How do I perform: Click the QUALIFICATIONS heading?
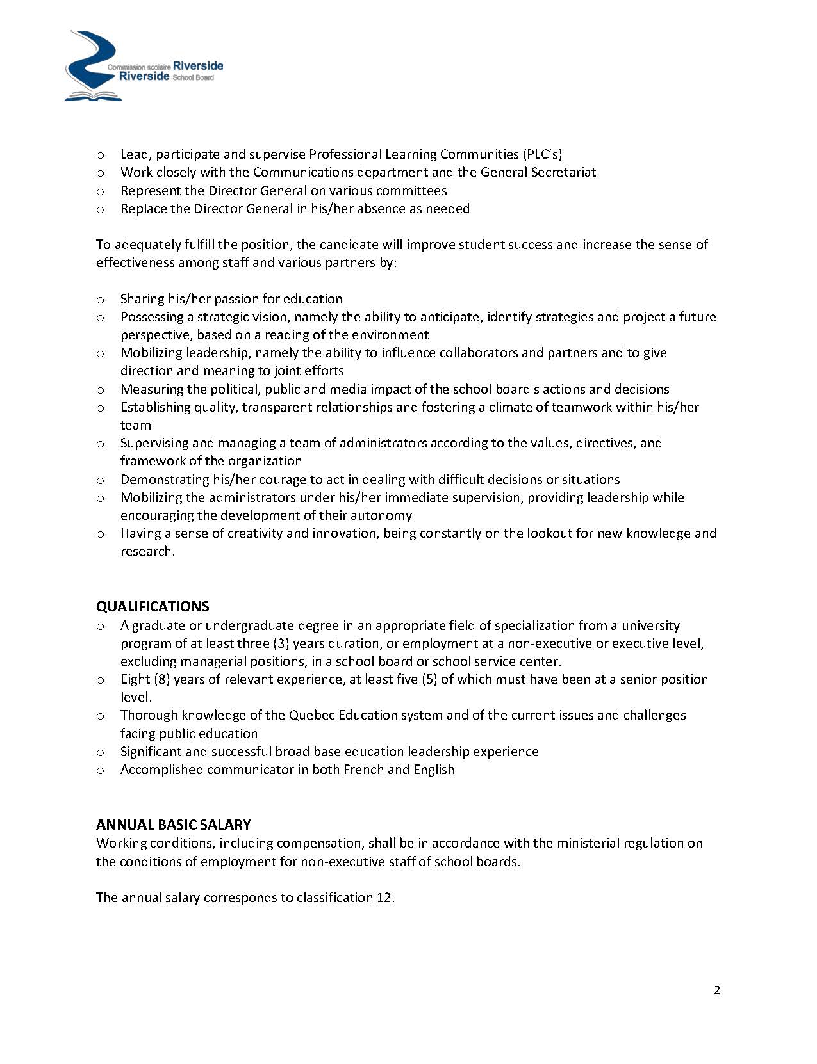coord(153,606)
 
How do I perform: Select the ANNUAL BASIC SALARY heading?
coord(173,825)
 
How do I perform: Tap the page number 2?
coord(717,990)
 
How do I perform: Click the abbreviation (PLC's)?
coord(542,154)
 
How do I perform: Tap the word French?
coord(363,770)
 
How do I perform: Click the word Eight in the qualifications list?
coord(135,679)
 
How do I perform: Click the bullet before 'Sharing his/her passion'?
coord(100,300)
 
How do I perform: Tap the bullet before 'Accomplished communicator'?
coord(100,770)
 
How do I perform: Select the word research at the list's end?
coord(146,551)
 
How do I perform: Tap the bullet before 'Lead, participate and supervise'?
coord(100,155)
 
